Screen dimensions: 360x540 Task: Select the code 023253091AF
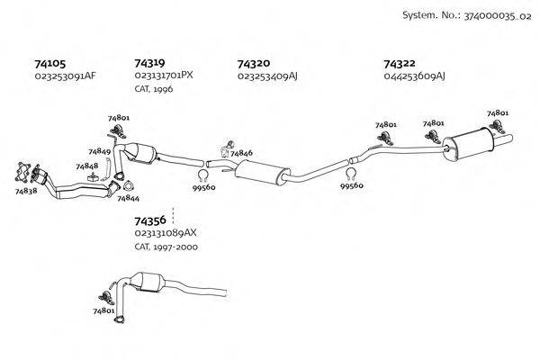pos(65,76)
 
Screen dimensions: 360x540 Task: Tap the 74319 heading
pos(149,64)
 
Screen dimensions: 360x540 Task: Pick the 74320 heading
pos(253,64)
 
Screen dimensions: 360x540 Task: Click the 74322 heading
pos(399,64)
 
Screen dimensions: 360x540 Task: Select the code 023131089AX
pos(166,233)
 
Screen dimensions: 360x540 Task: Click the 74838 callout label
pos(26,191)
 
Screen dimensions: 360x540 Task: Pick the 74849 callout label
pos(100,151)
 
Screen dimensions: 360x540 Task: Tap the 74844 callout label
pos(128,197)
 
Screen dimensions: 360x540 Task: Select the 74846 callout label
pos(241,154)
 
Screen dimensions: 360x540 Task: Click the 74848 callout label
pos(87,166)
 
